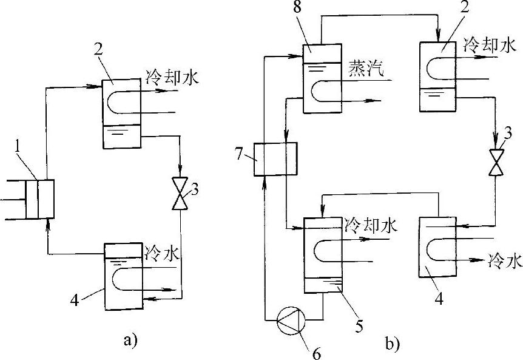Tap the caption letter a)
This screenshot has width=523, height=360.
pyautogui.click(x=131, y=341)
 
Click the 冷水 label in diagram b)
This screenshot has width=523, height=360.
pyautogui.click(x=505, y=262)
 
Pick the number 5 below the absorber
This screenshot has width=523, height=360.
pyautogui.click(x=359, y=325)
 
